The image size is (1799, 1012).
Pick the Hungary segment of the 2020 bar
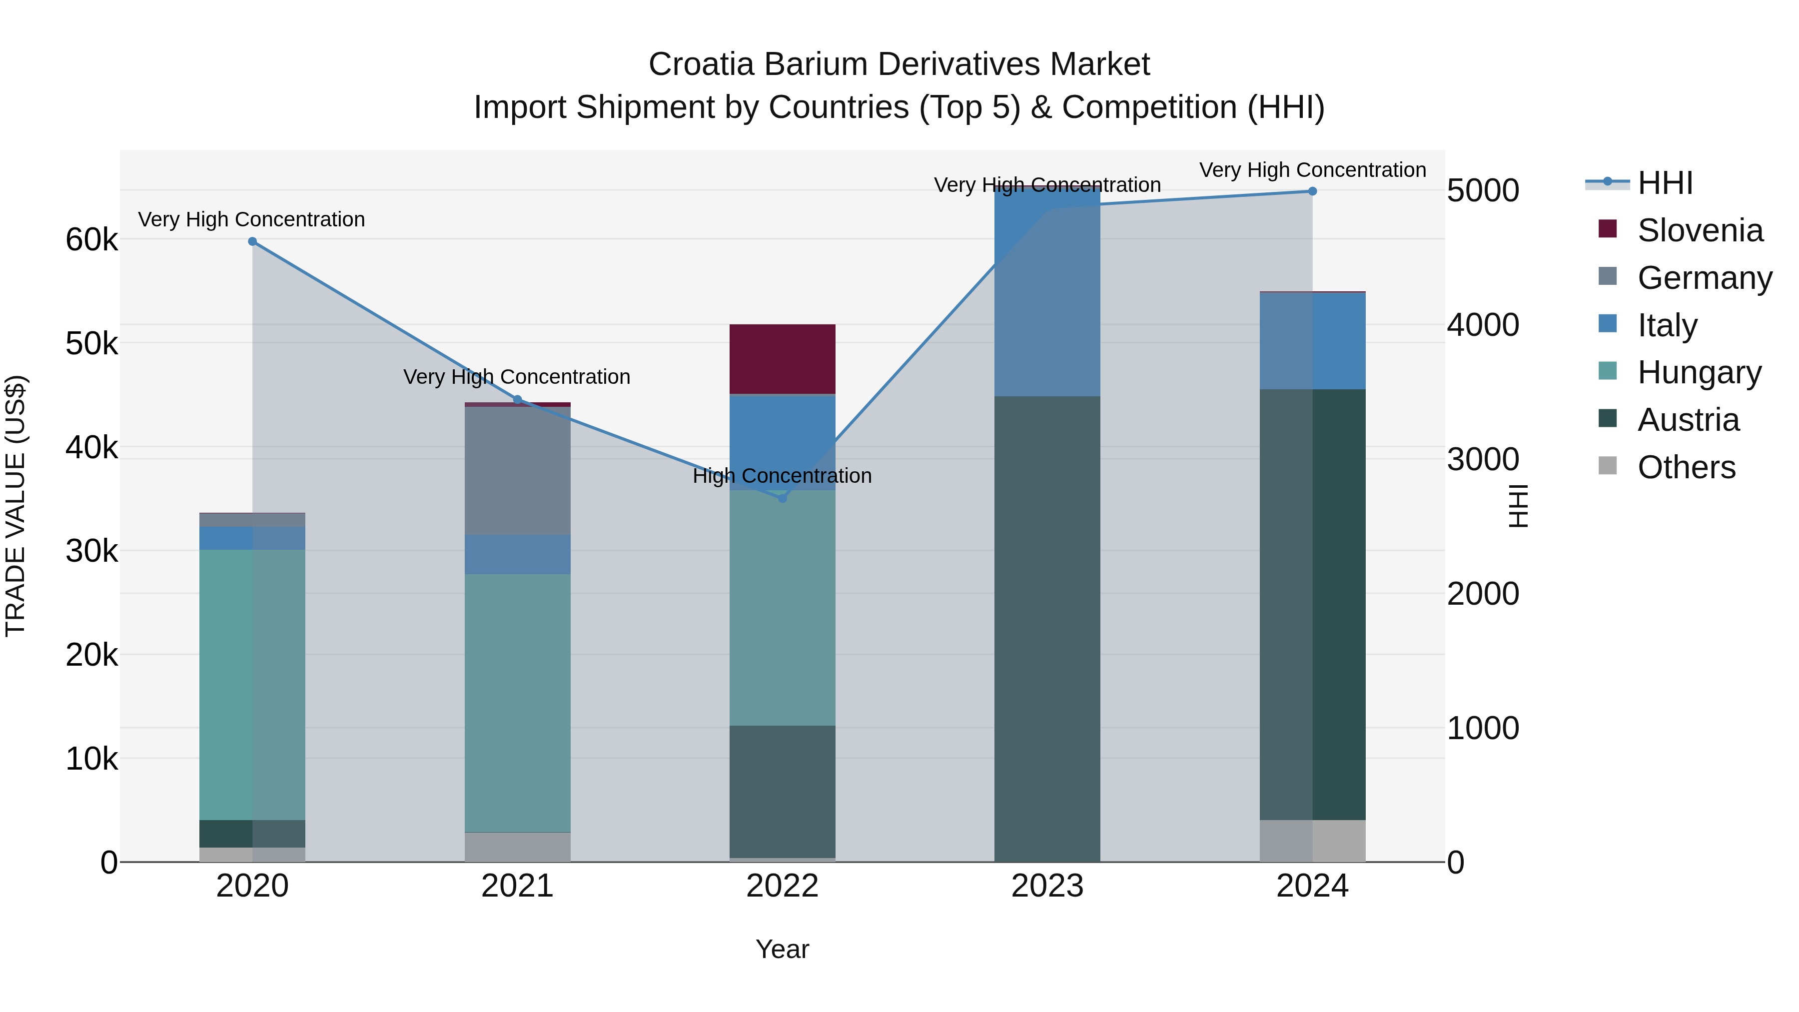(252, 685)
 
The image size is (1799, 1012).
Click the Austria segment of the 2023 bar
(1047, 629)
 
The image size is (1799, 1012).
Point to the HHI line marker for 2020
(253, 242)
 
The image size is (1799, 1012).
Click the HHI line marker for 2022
(782, 498)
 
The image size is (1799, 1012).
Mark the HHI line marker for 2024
(1312, 191)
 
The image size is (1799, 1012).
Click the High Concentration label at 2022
(782, 476)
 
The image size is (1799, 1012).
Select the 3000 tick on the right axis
(1483, 460)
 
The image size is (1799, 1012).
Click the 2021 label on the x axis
(518, 886)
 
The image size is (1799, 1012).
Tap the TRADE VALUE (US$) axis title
(16, 506)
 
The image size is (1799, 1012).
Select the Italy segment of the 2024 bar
(1312, 341)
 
